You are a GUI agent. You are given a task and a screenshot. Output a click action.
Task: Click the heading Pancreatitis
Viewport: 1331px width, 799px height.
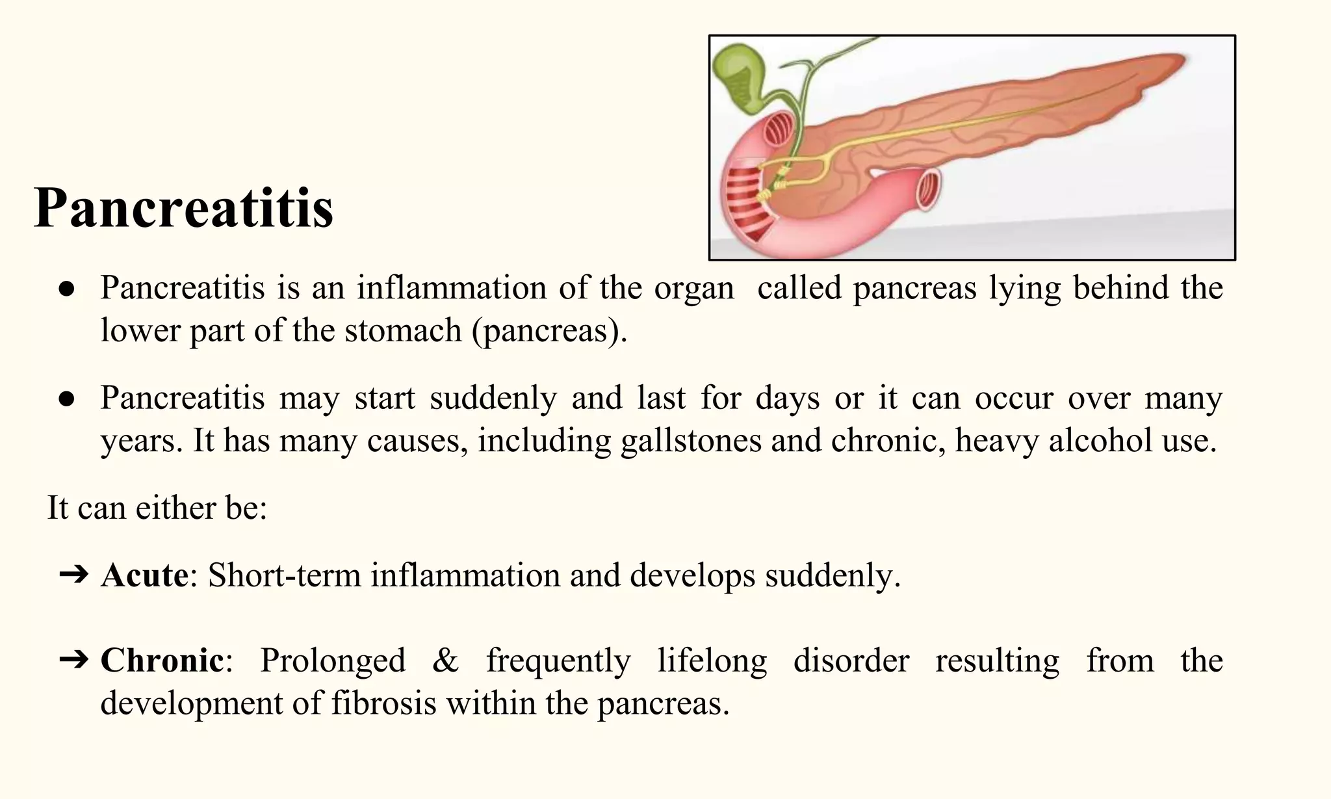click(183, 208)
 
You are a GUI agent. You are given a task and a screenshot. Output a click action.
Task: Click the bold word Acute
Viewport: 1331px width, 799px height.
click(144, 575)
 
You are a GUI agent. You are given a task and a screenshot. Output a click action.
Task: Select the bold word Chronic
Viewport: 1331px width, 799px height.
click(162, 661)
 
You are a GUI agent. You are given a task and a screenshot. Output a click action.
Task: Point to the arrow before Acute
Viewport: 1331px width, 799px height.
click(73, 575)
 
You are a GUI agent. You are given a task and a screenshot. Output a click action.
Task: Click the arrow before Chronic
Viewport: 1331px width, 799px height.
click(73, 661)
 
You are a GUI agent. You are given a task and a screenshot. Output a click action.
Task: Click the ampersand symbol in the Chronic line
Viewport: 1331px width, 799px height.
click(445, 661)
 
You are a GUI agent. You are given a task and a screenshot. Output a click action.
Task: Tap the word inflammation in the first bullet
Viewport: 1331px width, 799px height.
click(452, 287)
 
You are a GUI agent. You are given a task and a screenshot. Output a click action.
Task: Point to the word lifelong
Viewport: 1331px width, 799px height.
click(712, 661)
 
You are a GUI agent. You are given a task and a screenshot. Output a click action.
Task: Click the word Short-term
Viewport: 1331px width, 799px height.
click(284, 575)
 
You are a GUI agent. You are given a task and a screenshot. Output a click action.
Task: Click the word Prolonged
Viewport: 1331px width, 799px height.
click(333, 661)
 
